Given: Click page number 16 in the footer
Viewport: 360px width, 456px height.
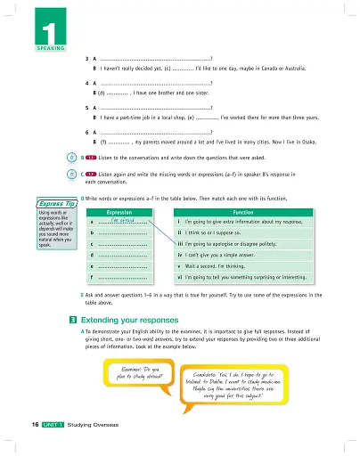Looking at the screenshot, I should (27, 439).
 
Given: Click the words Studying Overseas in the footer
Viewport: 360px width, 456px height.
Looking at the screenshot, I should (99, 439).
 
